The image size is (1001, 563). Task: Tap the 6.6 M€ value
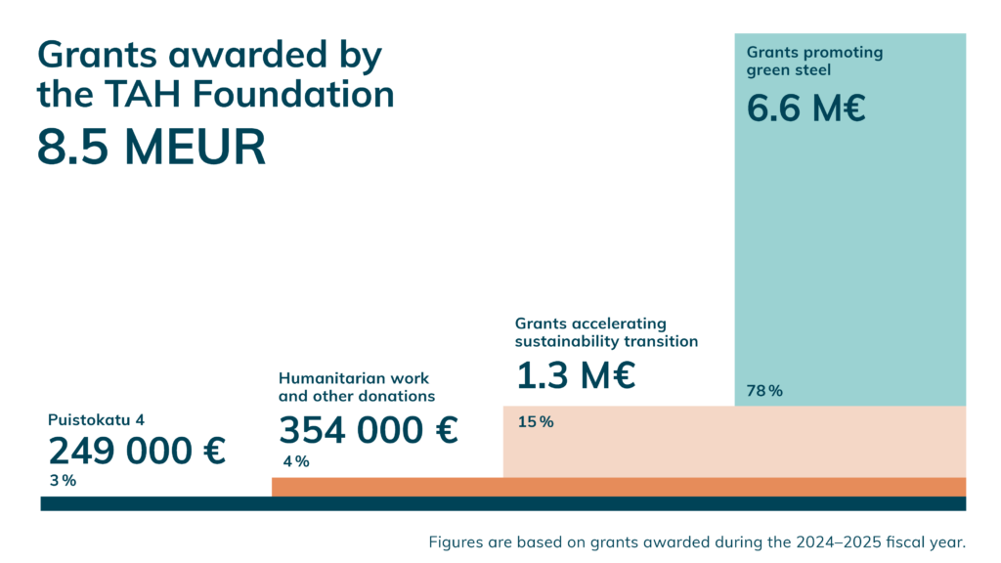(x=806, y=108)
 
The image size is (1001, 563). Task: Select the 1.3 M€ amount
(x=576, y=375)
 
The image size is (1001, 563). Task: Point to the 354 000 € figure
(x=369, y=430)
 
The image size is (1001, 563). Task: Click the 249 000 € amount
(x=137, y=451)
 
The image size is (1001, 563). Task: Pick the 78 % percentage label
(x=764, y=391)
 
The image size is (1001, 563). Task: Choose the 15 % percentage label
(x=535, y=422)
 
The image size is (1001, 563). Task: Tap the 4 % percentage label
(x=296, y=461)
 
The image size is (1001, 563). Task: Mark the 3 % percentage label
(x=63, y=481)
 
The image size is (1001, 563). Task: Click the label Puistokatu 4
(x=96, y=420)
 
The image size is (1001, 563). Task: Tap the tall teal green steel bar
(x=849, y=244)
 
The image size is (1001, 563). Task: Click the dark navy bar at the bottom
(x=502, y=503)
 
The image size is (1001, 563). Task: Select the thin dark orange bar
(x=618, y=487)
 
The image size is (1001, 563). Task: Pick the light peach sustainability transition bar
(x=733, y=441)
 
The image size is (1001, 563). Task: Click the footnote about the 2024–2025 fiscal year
(x=697, y=541)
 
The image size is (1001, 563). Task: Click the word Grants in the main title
(x=101, y=55)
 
